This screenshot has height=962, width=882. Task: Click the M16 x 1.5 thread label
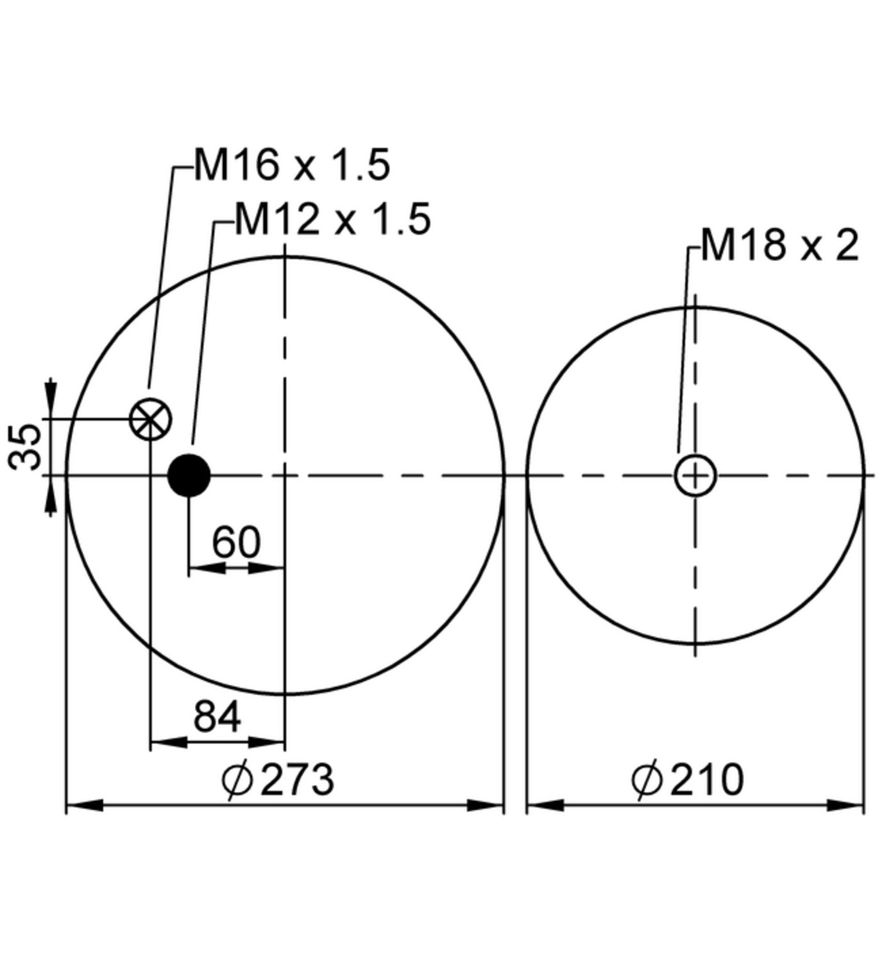(292, 165)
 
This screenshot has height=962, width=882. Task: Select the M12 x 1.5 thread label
(332, 219)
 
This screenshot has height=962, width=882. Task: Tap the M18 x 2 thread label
(779, 245)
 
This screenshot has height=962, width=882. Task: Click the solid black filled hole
(189, 475)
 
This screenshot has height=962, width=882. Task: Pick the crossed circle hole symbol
(150, 419)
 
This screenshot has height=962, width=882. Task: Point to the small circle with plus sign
(695, 475)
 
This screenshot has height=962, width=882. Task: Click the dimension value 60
(236, 543)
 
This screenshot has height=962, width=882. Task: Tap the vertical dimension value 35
(26, 446)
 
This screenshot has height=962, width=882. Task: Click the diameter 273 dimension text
(296, 780)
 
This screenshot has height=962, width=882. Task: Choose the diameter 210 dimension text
(706, 780)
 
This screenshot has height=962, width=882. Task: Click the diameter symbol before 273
(237, 781)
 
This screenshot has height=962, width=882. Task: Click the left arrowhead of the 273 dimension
(83, 805)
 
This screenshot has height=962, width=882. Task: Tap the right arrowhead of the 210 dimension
(847, 805)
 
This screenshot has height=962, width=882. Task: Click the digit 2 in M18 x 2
(847, 245)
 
